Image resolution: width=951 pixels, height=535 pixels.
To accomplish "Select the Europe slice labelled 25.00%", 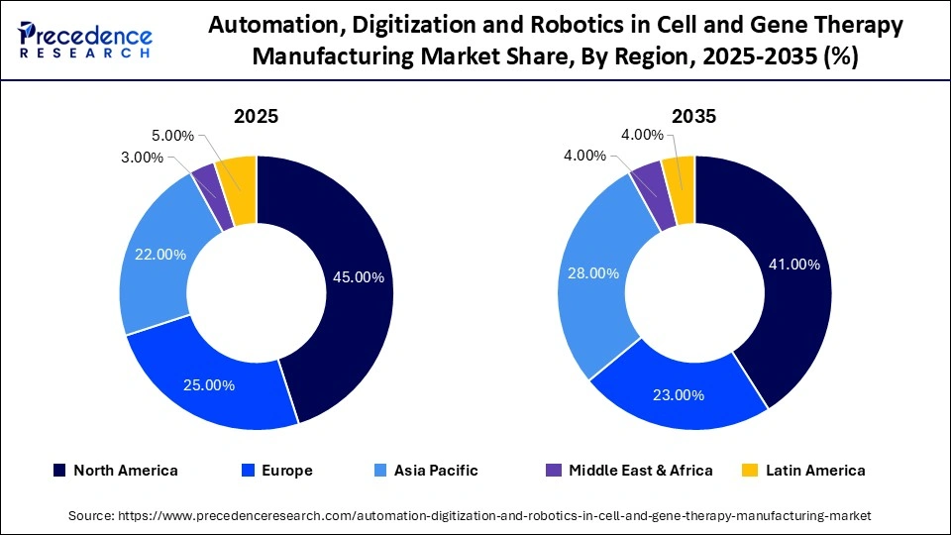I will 209,384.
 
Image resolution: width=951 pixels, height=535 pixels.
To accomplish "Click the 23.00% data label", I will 678,394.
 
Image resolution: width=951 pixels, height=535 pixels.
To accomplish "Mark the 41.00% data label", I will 793,265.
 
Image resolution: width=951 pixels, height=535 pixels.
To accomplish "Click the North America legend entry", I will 115,471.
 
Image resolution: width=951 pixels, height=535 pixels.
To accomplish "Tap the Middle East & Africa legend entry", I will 629,471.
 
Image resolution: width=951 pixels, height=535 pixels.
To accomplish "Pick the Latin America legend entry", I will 804,471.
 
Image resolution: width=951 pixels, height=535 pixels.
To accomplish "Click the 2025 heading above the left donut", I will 256,116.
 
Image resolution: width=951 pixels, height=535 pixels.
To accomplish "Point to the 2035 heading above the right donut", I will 693,116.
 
